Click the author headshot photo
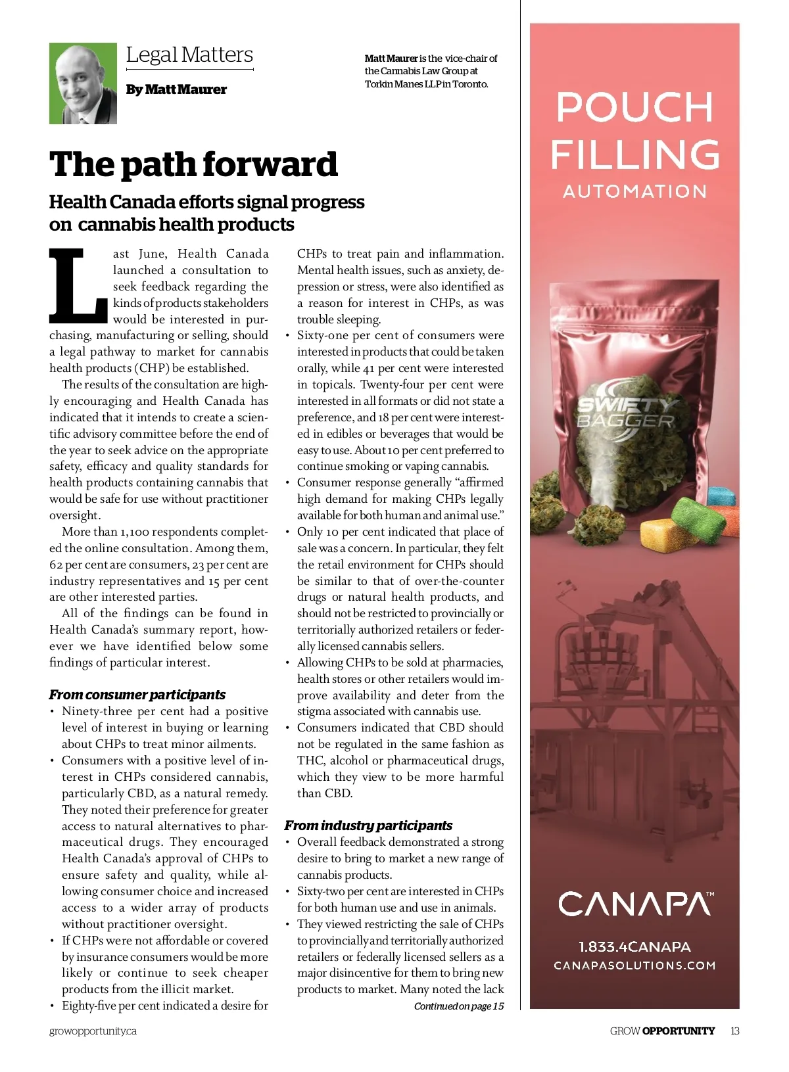[83, 83]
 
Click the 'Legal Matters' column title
[189, 55]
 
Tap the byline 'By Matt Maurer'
[176, 89]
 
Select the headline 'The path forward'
[193, 164]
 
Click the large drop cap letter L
[78, 287]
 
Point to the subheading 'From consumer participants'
[137, 695]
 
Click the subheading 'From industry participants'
[368, 826]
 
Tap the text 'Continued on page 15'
[458, 1006]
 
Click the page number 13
[734, 1031]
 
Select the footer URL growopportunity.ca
[93, 1031]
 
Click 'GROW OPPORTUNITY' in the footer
[661, 1031]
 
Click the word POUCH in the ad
[634, 107]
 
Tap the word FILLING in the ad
[634, 154]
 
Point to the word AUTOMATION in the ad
[634, 191]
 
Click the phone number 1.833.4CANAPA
[634, 946]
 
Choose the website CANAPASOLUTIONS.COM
[634, 966]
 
